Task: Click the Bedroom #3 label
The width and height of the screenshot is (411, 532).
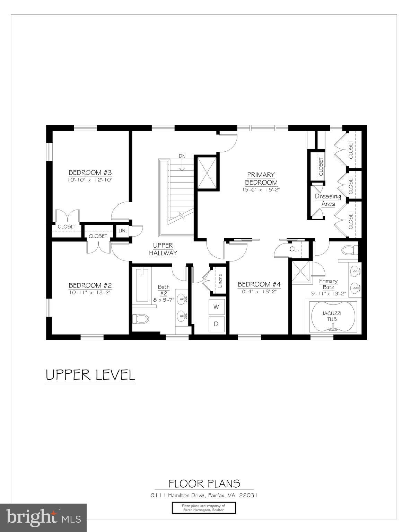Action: [x=90, y=172]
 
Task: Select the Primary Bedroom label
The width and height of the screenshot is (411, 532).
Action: [x=261, y=178]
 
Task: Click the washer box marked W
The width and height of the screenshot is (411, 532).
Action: [x=216, y=307]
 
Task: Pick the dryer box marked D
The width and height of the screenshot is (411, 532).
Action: [x=216, y=324]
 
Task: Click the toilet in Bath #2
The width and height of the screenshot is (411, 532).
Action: [x=140, y=318]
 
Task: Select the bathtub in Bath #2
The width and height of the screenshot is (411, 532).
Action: [x=142, y=285]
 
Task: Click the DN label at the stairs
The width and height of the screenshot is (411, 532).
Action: [x=182, y=156]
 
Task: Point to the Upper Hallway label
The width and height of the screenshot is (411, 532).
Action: [x=163, y=249]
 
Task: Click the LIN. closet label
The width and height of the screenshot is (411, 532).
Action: [x=123, y=231]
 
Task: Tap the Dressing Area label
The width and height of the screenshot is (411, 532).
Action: [x=328, y=200]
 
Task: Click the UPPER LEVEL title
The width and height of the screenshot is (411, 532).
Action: [x=90, y=375]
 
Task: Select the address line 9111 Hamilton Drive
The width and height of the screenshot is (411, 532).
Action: [x=204, y=495]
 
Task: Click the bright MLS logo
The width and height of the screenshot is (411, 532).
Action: [x=43, y=517]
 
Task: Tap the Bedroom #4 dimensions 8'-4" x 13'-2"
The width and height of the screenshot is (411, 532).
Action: [x=259, y=292]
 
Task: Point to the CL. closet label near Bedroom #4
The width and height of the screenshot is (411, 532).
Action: [x=294, y=249]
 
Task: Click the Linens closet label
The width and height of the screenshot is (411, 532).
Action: [x=220, y=281]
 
